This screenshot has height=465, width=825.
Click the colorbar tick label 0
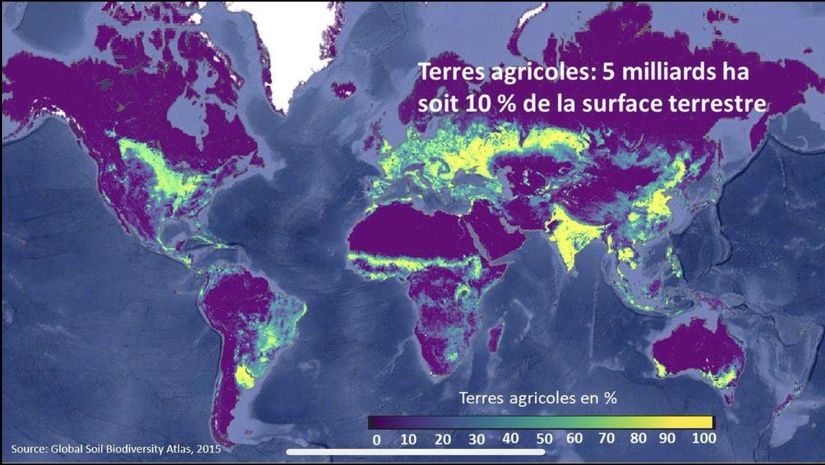pyautogui.click(x=376, y=438)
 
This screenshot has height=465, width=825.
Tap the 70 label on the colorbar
pyautogui.click(x=607, y=438)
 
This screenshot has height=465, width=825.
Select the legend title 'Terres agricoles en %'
pyautogui.click(x=537, y=398)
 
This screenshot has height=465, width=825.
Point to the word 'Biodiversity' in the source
pyautogui.click(x=121, y=450)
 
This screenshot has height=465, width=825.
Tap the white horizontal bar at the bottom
pyautogui.click(x=415, y=452)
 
